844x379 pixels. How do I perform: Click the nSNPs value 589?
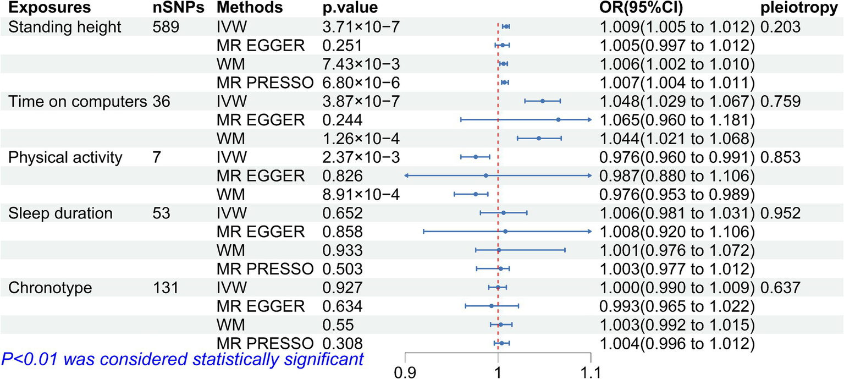[x=167, y=26]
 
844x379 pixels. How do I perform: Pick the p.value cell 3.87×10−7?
[x=361, y=101]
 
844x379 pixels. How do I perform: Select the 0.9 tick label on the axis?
[x=405, y=372]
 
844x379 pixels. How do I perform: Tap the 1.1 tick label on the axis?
[x=591, y=372]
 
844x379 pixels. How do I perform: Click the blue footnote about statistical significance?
[x=183, y=360]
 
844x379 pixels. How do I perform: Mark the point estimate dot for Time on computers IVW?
[x=542, y=101]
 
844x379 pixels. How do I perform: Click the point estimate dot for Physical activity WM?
[x=476, y=194]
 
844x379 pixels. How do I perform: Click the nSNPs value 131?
[x=167, y=287]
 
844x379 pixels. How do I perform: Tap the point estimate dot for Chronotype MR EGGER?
[x=491, y=306]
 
